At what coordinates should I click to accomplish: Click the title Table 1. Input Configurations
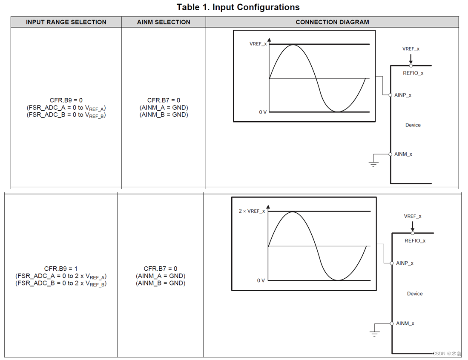[x=238, y=7]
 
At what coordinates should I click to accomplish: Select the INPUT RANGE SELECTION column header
[x=66, y=22]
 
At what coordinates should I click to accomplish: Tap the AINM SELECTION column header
[x=164, y=22]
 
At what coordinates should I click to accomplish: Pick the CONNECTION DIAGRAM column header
[x=332, y=22]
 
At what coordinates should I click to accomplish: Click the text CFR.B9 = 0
[x=66, y=100]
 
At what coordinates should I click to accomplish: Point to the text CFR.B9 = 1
[x=61, y=269]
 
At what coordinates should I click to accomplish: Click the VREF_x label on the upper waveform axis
[x=258, y=44]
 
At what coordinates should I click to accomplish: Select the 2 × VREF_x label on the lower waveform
[x=251, y=211]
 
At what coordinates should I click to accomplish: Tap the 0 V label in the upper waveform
[x=263, y=112]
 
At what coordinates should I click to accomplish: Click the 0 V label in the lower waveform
[x=261, y=280]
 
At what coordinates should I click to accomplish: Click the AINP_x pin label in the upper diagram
[x=403, y=95]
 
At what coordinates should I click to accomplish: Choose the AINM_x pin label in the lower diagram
[x=405, y=323]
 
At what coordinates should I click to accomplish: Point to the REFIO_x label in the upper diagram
[x=413, y=73]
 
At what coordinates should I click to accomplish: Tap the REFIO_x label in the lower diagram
[x=415, y=241]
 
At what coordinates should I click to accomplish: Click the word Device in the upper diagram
[x=413, y=125]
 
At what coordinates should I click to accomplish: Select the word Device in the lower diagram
[x=414, y=294]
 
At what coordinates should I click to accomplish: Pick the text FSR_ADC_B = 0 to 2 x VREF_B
[x=61, y=283]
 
